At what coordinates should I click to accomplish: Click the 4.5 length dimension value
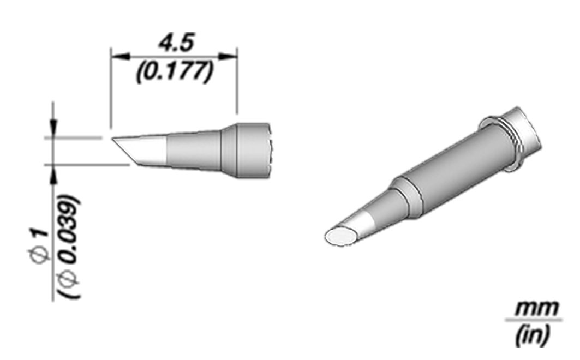click(176, 43)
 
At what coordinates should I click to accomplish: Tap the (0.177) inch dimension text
click(175, 71)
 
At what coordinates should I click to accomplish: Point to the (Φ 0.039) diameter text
click(69, 247)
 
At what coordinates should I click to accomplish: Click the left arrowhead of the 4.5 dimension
click(121, 57)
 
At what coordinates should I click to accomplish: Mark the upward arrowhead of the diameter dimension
click(54, 174)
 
